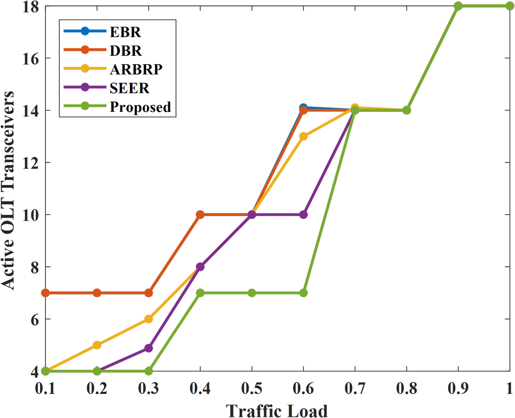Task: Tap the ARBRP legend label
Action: click(136, 69)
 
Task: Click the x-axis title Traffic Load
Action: click(276, 411)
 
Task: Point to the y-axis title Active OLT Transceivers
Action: click(8, 190)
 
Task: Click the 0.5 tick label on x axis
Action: click(252, 388)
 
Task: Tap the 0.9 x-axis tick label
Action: click(458, 388)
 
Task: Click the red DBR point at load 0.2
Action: click(97, 293)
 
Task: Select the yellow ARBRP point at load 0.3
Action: click(149, 319)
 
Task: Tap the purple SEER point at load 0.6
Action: click(304, 215)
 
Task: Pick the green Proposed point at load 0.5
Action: click(252, 293)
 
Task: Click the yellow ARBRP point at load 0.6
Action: click(303, 136)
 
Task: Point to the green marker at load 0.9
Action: click(458, 6)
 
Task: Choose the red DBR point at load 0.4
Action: click(200, 215)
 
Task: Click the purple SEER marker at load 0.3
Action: click(149, 348)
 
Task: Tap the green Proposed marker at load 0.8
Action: click(407, 110)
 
